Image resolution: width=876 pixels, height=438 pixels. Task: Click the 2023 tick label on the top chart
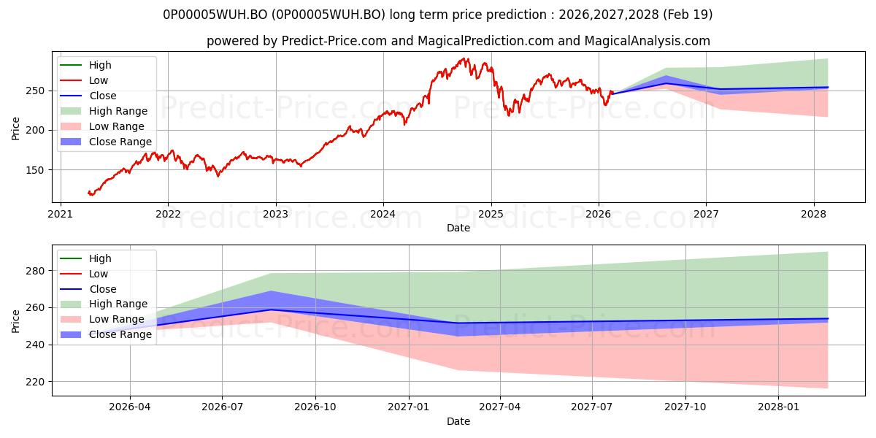pos(276,215)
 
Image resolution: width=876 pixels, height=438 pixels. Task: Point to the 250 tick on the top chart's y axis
pos(34,91)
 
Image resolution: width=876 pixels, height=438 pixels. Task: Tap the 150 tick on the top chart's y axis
pos(34,170)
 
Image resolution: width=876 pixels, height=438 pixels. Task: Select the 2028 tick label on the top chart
pos(813,215)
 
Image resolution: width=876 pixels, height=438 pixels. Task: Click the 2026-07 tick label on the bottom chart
pos(222,407)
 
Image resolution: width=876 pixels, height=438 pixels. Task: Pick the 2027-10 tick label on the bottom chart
pos(685,407)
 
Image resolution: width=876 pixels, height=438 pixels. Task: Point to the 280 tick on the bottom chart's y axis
pos(35,271)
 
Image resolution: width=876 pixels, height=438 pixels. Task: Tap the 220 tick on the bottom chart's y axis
pos(35,382)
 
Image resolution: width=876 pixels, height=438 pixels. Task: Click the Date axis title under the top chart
pos(458,228)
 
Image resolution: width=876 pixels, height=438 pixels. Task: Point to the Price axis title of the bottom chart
pos(15,321)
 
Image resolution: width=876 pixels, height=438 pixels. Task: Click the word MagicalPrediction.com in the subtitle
pos(485,41)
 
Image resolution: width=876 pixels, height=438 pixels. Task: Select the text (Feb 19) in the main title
pos(688,15)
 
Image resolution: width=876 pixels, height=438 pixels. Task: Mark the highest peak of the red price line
pos(464,58)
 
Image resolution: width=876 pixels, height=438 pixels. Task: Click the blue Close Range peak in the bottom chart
pos(271,291)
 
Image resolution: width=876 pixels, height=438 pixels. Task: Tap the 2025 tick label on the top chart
pos(491,215)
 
